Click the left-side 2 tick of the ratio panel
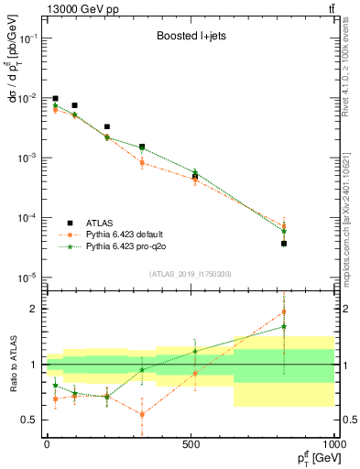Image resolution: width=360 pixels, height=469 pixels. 35,309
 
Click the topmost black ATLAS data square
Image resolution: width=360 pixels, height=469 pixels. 55,98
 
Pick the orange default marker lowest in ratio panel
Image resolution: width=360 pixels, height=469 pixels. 142,414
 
